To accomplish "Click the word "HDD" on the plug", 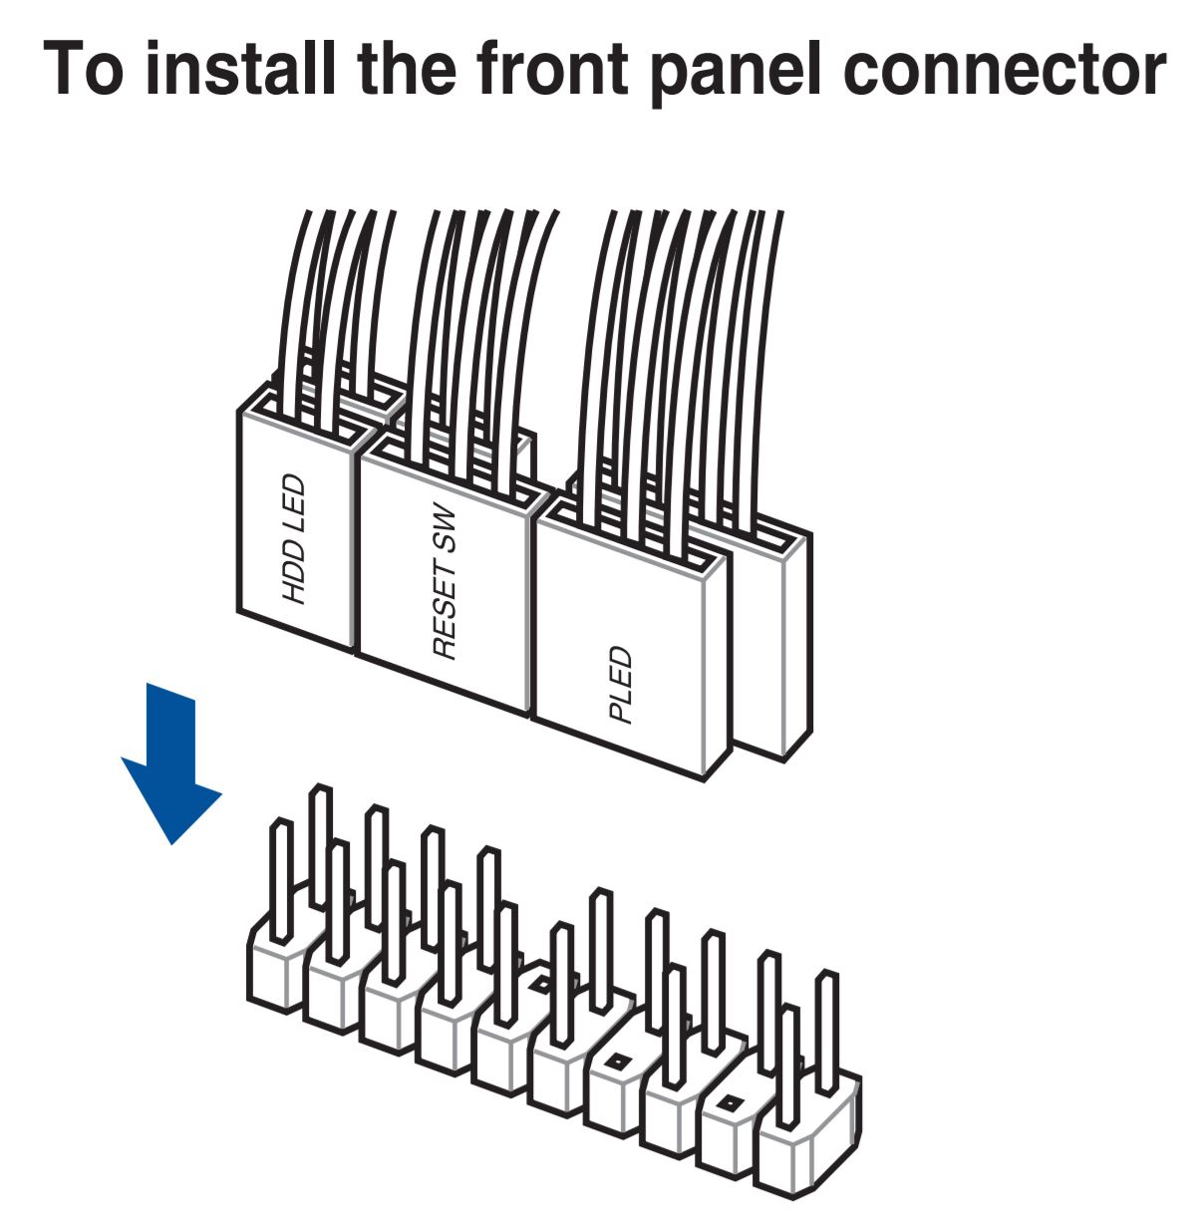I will pos(295,574).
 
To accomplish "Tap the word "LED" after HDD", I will pos(295,504).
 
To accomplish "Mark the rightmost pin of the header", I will pos(825,1027).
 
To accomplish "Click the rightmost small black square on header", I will pos(730,1103).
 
